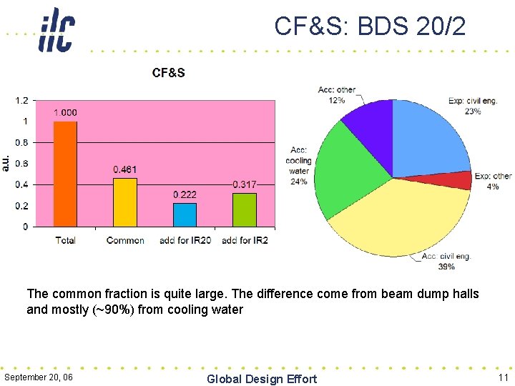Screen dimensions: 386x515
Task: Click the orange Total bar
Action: [65, 174]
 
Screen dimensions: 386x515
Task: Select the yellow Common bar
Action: [125, 202]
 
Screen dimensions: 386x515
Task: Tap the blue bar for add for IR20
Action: [185, 214]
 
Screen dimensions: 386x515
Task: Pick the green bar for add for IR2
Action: [245, 209]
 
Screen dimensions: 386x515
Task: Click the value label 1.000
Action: [65, 112]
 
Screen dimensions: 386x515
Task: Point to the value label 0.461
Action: [125, 169]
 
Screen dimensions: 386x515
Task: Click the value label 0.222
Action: [185, 194]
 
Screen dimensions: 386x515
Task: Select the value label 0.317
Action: [245, 184]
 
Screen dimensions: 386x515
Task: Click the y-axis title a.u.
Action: [6, 163]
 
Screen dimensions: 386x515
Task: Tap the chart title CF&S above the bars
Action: [168, 73]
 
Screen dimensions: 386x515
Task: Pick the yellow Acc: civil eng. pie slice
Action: [401, 222]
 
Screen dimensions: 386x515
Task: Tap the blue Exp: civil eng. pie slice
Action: [429, 139]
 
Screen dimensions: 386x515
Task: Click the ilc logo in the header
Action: [57, 30]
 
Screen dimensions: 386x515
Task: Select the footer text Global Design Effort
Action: [261, 379]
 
